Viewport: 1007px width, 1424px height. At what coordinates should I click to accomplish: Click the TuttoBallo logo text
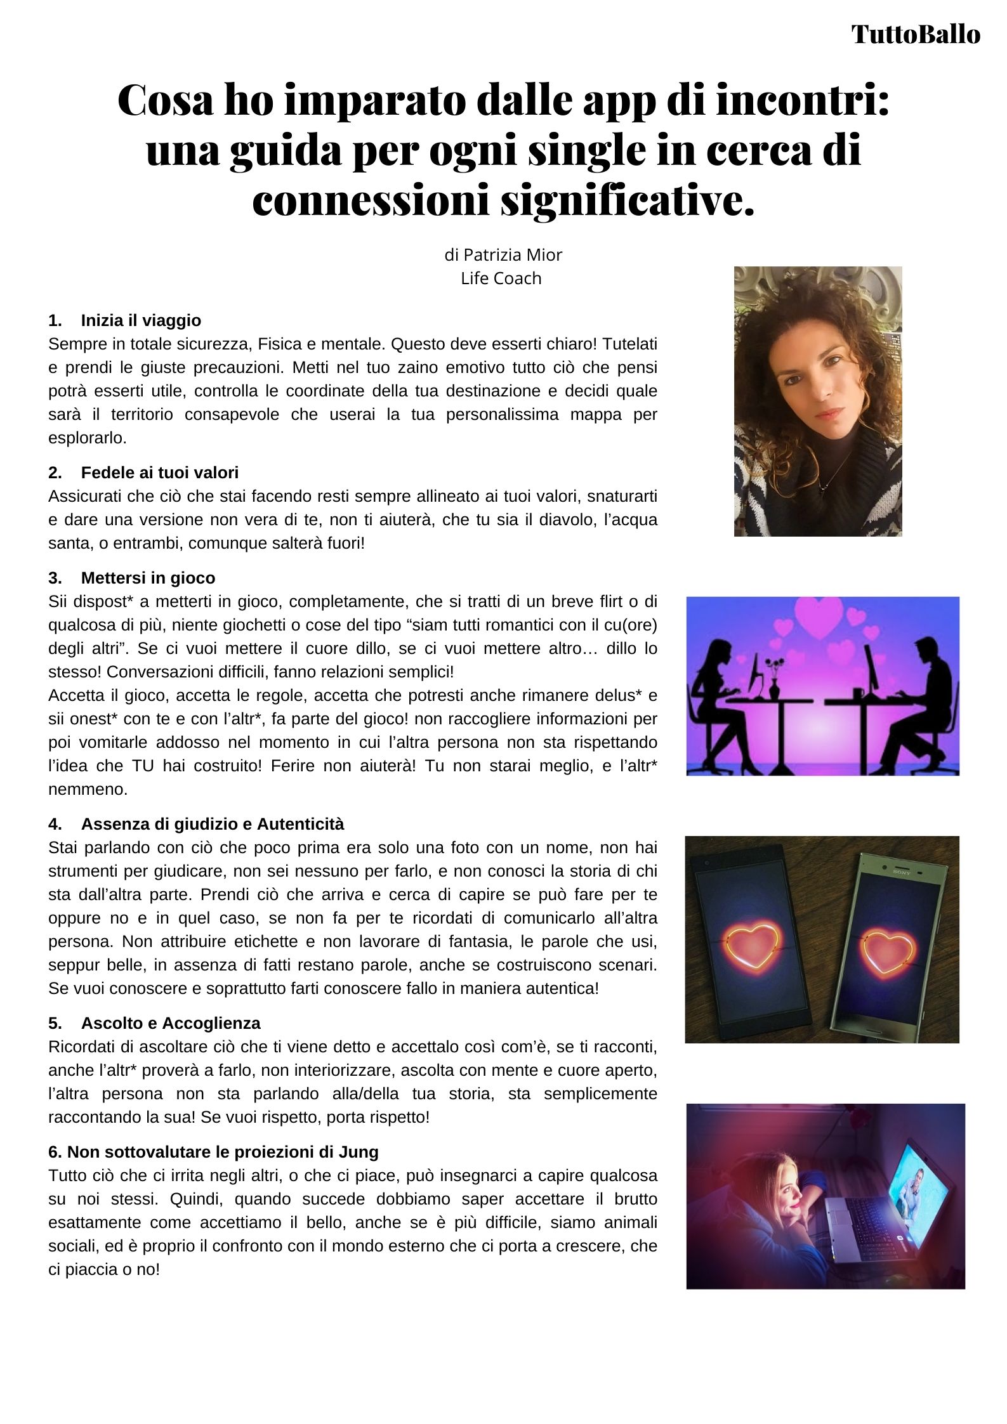[916, 34]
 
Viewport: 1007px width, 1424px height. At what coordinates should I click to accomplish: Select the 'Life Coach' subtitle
[501, 278]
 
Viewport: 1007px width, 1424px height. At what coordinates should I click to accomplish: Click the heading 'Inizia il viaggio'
[141, 320]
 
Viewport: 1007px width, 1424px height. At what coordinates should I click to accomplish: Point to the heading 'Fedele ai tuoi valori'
[160, 473]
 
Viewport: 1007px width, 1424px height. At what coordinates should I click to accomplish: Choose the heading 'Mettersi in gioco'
[148, 578]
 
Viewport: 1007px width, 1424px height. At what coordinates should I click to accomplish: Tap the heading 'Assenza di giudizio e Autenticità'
[213, 824]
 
